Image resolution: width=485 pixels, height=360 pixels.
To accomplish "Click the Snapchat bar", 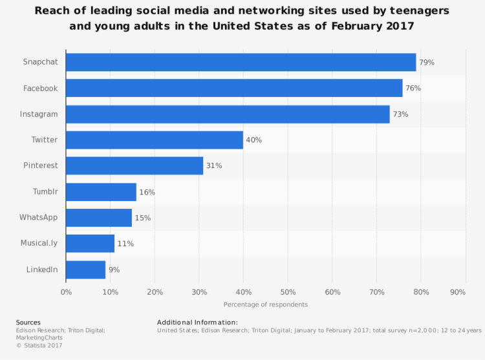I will click(241, 62).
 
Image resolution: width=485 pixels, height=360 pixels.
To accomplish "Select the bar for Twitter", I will click(155, 140).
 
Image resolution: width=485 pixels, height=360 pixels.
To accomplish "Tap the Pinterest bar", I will click(135, 165).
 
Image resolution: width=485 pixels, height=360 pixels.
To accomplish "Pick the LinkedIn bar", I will click(85, 270).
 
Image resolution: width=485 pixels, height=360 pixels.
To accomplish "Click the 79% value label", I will click(426, 63).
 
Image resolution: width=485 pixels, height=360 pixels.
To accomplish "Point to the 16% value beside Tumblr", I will click(147, 192).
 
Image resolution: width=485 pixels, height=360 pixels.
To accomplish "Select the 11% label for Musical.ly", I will click(125, 244).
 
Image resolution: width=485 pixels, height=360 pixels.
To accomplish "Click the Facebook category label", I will click(41, 88).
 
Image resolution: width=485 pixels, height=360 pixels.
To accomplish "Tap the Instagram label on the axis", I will click(39, 114).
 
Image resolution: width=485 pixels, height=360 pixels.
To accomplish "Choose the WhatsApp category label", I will click(39, 217).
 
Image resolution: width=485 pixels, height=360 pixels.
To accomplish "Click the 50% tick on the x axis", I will click(288, 292).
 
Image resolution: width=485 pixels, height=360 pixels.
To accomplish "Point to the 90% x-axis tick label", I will click(457, 292).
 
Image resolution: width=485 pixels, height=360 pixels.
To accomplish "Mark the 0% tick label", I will click(66, 292).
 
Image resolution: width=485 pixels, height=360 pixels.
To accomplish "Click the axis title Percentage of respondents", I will click(266, 304).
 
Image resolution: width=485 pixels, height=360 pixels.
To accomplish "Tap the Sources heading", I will click(28, 322).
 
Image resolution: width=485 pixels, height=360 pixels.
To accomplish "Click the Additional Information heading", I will click(197, 322).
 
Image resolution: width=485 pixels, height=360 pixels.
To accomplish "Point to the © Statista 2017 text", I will click(39, 346).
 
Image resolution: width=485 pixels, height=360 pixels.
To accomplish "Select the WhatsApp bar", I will click(99, 218).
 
